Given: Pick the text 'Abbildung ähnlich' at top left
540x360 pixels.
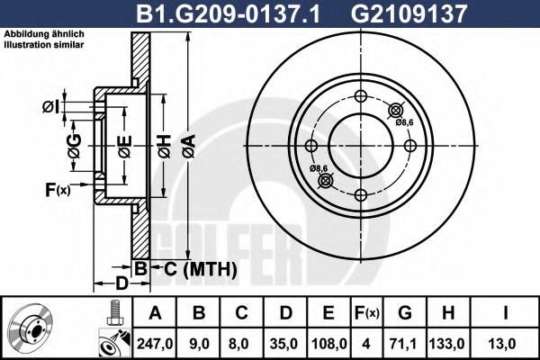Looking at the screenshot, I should tap(45, 33).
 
